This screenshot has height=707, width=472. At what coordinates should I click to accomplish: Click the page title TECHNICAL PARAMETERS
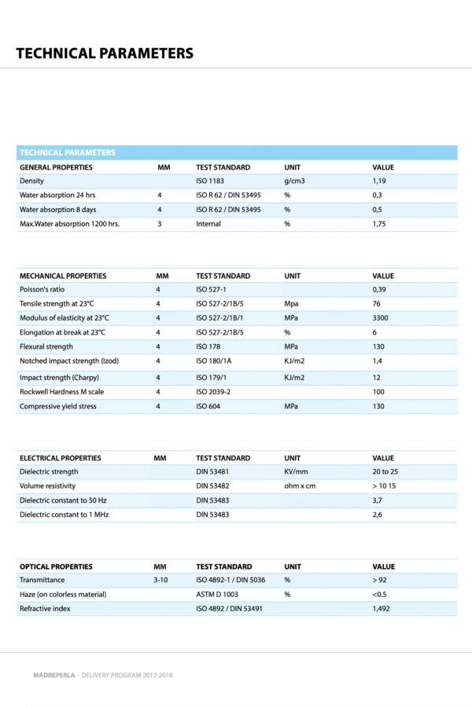(105, 53)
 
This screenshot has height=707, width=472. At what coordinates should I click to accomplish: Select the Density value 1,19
(378, 181)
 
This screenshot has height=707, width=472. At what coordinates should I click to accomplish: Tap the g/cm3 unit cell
(294, 181)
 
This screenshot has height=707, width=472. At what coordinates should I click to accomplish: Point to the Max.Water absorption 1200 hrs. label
(69, 224)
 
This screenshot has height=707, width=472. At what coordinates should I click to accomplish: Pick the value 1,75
(380, 224)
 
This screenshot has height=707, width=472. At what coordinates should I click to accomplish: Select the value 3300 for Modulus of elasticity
(381, 318)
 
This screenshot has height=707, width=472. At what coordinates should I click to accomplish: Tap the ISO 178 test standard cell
(208, 346)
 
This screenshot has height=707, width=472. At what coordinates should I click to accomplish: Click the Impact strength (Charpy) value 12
(377, 378)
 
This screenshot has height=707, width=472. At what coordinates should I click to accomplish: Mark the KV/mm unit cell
(296, 472)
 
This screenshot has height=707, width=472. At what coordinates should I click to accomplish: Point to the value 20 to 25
(385, 472)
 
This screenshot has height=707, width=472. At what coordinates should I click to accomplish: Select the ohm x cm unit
(300, 486)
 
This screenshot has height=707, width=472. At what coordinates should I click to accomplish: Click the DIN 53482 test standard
(212, 486)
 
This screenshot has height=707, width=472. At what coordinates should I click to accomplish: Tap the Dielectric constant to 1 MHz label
(64, 515)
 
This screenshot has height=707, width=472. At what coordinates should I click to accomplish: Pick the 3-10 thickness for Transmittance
(160, 581)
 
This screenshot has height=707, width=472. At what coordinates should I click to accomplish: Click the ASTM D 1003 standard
(217, 595)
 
